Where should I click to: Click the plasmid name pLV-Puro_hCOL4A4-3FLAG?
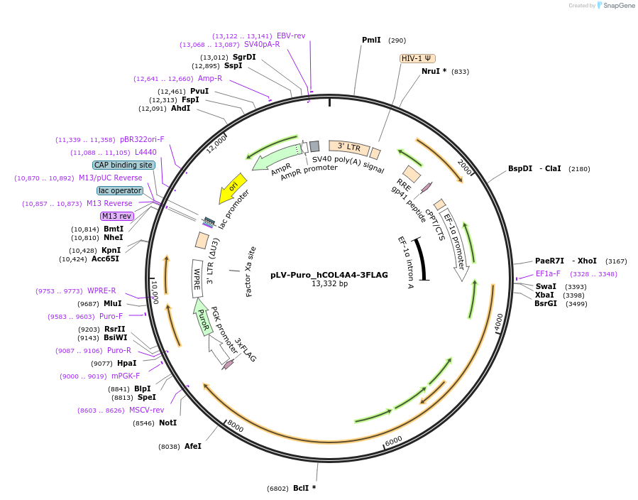tap(329, 275)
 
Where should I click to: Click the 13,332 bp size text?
tap(329, 284)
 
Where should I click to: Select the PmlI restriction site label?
tap(371, 40)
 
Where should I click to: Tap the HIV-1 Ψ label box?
tap(418, 58)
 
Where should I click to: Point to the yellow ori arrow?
tap(232, 187)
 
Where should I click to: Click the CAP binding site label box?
tap(123, 165)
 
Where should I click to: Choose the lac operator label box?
tap(120, 190)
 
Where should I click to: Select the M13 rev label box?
tap(117, 216)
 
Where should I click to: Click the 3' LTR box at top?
tap(349, 147)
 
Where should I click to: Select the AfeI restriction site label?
tap(193, 446)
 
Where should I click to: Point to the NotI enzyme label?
tap(167, 423)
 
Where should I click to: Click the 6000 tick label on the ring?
tap(393, 441)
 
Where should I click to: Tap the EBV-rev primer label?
tap(291, 36)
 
